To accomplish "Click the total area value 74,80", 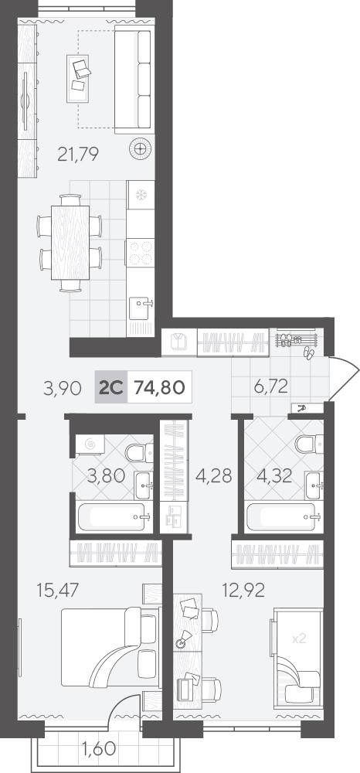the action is tap(159, 387).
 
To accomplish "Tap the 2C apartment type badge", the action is tap(110, 387).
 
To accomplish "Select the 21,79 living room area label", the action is tap(78, 155).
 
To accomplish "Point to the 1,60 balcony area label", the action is tap(100, 747).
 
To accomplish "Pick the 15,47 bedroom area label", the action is tap(58, 589).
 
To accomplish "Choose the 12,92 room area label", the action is tap(243, 589).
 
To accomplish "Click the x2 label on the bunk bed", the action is tap(299, 639).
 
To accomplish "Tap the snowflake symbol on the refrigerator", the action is tap(141, 195).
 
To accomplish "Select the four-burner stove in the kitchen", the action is tap(141, 253).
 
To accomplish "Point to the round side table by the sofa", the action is tap(140, 148).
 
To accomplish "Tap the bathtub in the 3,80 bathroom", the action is tap(114, 516).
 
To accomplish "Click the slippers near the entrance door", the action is tap(307, 353).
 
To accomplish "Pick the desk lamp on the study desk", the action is tap(183, 639).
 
